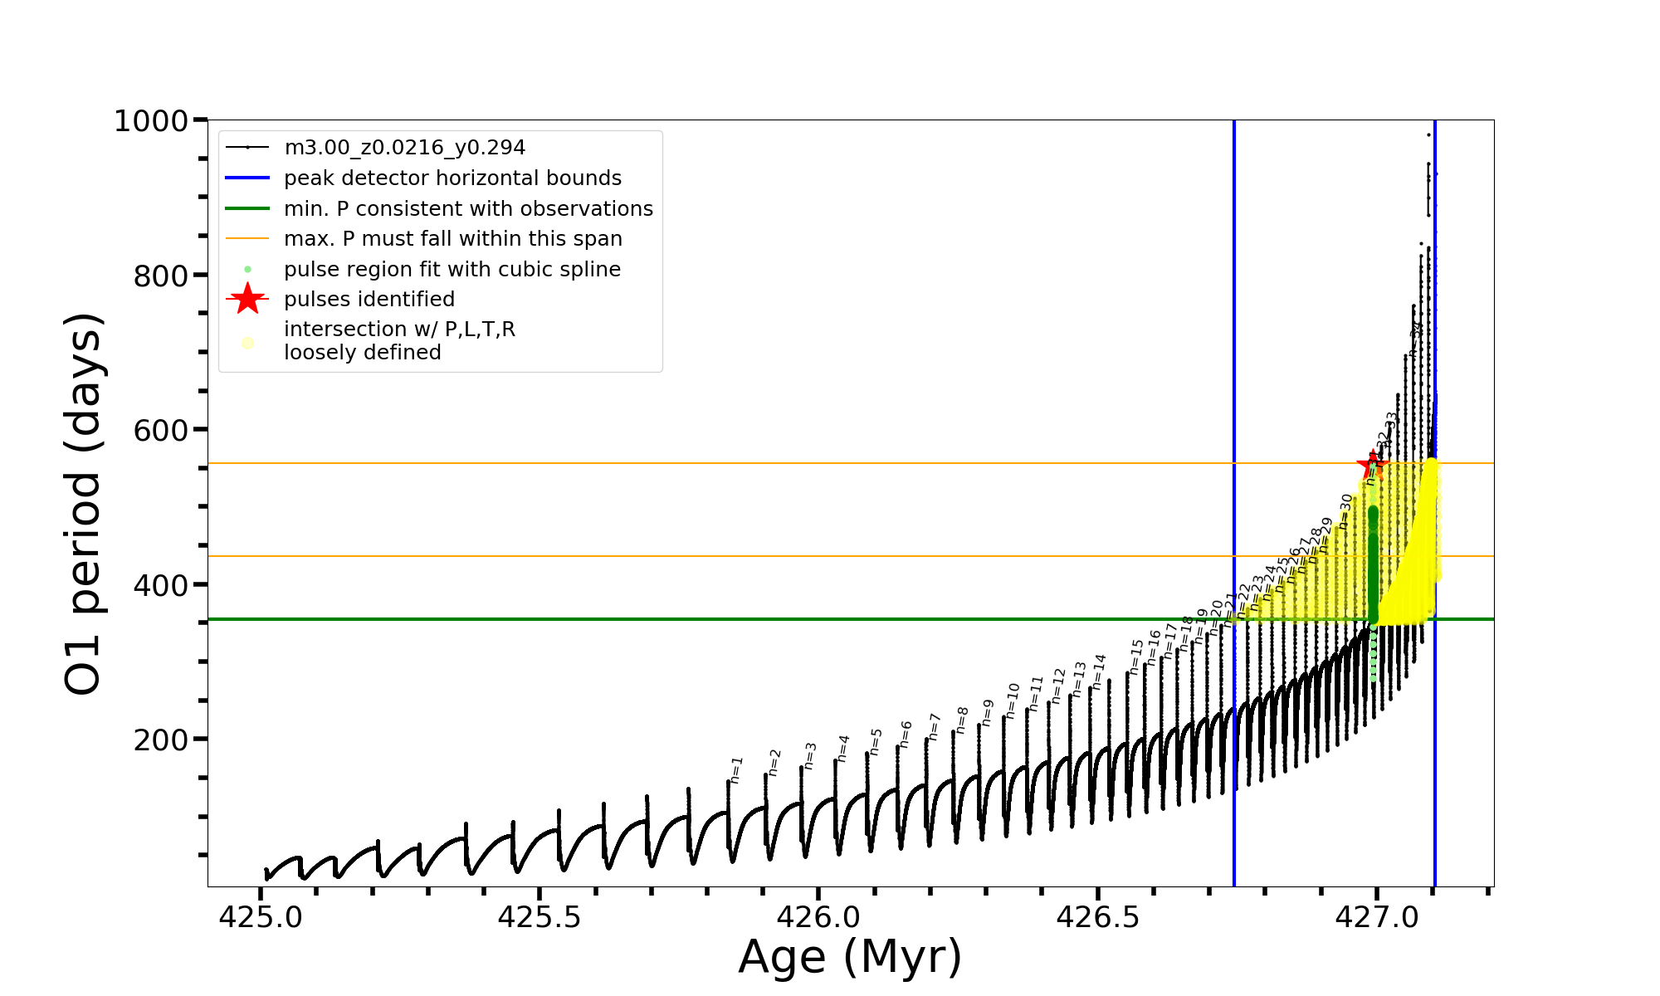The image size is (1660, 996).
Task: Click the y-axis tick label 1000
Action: pyautogui.click(x=151, y=121)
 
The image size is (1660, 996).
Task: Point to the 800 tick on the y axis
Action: pyautogui.click(x=161, y=276)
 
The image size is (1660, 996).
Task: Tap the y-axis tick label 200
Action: pyautogui.click(x=161, y=740)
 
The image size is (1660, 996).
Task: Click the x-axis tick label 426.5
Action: pyautogui.click(x=1097, y=917)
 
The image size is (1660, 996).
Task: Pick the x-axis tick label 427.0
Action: pyautogui.click(x=1377, y=917)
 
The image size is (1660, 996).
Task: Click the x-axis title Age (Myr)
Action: pyautogui.click(x=850, y=957)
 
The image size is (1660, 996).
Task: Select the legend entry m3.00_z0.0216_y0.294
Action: pyautogui.click(x=404, y=148)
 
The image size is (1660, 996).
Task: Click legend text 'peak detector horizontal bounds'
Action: pyautogui.click(x=452, y=178)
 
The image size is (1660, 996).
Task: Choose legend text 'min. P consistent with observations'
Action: pyautogui.click(x=468, y=209)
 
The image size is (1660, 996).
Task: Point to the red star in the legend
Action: pyautogui.click(x=247, y=299)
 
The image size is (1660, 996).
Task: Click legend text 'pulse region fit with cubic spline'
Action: pyautogui.click(x=452, y=270)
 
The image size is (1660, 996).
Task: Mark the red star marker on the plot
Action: pyautogui.click(x=1372, y=465)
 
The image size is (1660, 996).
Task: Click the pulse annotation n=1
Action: pyautogui.click(x=736, y=769)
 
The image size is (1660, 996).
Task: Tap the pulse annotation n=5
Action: pyautogui.click(x=876, y=741)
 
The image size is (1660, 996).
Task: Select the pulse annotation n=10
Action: pyautogui.click(x=1012, y=701)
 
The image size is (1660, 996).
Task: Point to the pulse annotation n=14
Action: pyautogui.click(x=1099, y=671)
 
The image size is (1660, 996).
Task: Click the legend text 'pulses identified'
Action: pyautogui.click(x=369, y=300)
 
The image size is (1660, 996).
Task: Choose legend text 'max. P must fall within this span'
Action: pyautogui.click(x=452, y=239)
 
